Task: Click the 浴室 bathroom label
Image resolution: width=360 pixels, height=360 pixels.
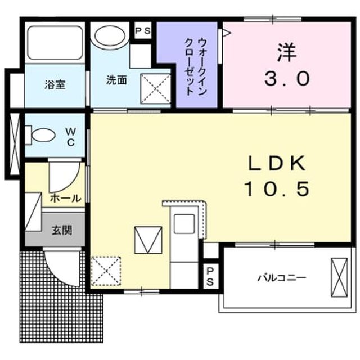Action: point(55,84)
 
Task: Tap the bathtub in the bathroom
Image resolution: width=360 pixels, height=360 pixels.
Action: point(55,43)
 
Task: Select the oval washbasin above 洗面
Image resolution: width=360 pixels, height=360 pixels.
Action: point(110,36)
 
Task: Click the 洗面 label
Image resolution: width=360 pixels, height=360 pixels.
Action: point(116,80)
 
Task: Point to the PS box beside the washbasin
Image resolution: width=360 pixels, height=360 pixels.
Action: point(143,31)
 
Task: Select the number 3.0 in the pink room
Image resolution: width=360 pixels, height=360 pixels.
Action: point(287,78)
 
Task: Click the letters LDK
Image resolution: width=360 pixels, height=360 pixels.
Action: point(277,163)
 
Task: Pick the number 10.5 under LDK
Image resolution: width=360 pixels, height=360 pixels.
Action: point(277,188)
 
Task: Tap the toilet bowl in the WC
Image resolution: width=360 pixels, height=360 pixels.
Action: point(43,135)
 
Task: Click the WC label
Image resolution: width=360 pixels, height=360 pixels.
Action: point(71,137)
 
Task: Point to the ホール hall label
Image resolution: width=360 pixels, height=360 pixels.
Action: point(66,198)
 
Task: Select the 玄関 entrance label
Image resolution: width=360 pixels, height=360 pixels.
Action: point(62,230)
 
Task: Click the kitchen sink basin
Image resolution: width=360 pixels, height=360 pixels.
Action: point(184,224)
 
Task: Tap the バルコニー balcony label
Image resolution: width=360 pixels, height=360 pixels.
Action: point(282,278)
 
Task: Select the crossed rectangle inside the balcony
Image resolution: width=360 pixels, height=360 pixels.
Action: point(339,277)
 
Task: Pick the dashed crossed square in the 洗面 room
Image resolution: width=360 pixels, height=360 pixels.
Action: point(155,88)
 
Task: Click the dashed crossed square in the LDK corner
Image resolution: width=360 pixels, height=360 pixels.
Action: point(106,271)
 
